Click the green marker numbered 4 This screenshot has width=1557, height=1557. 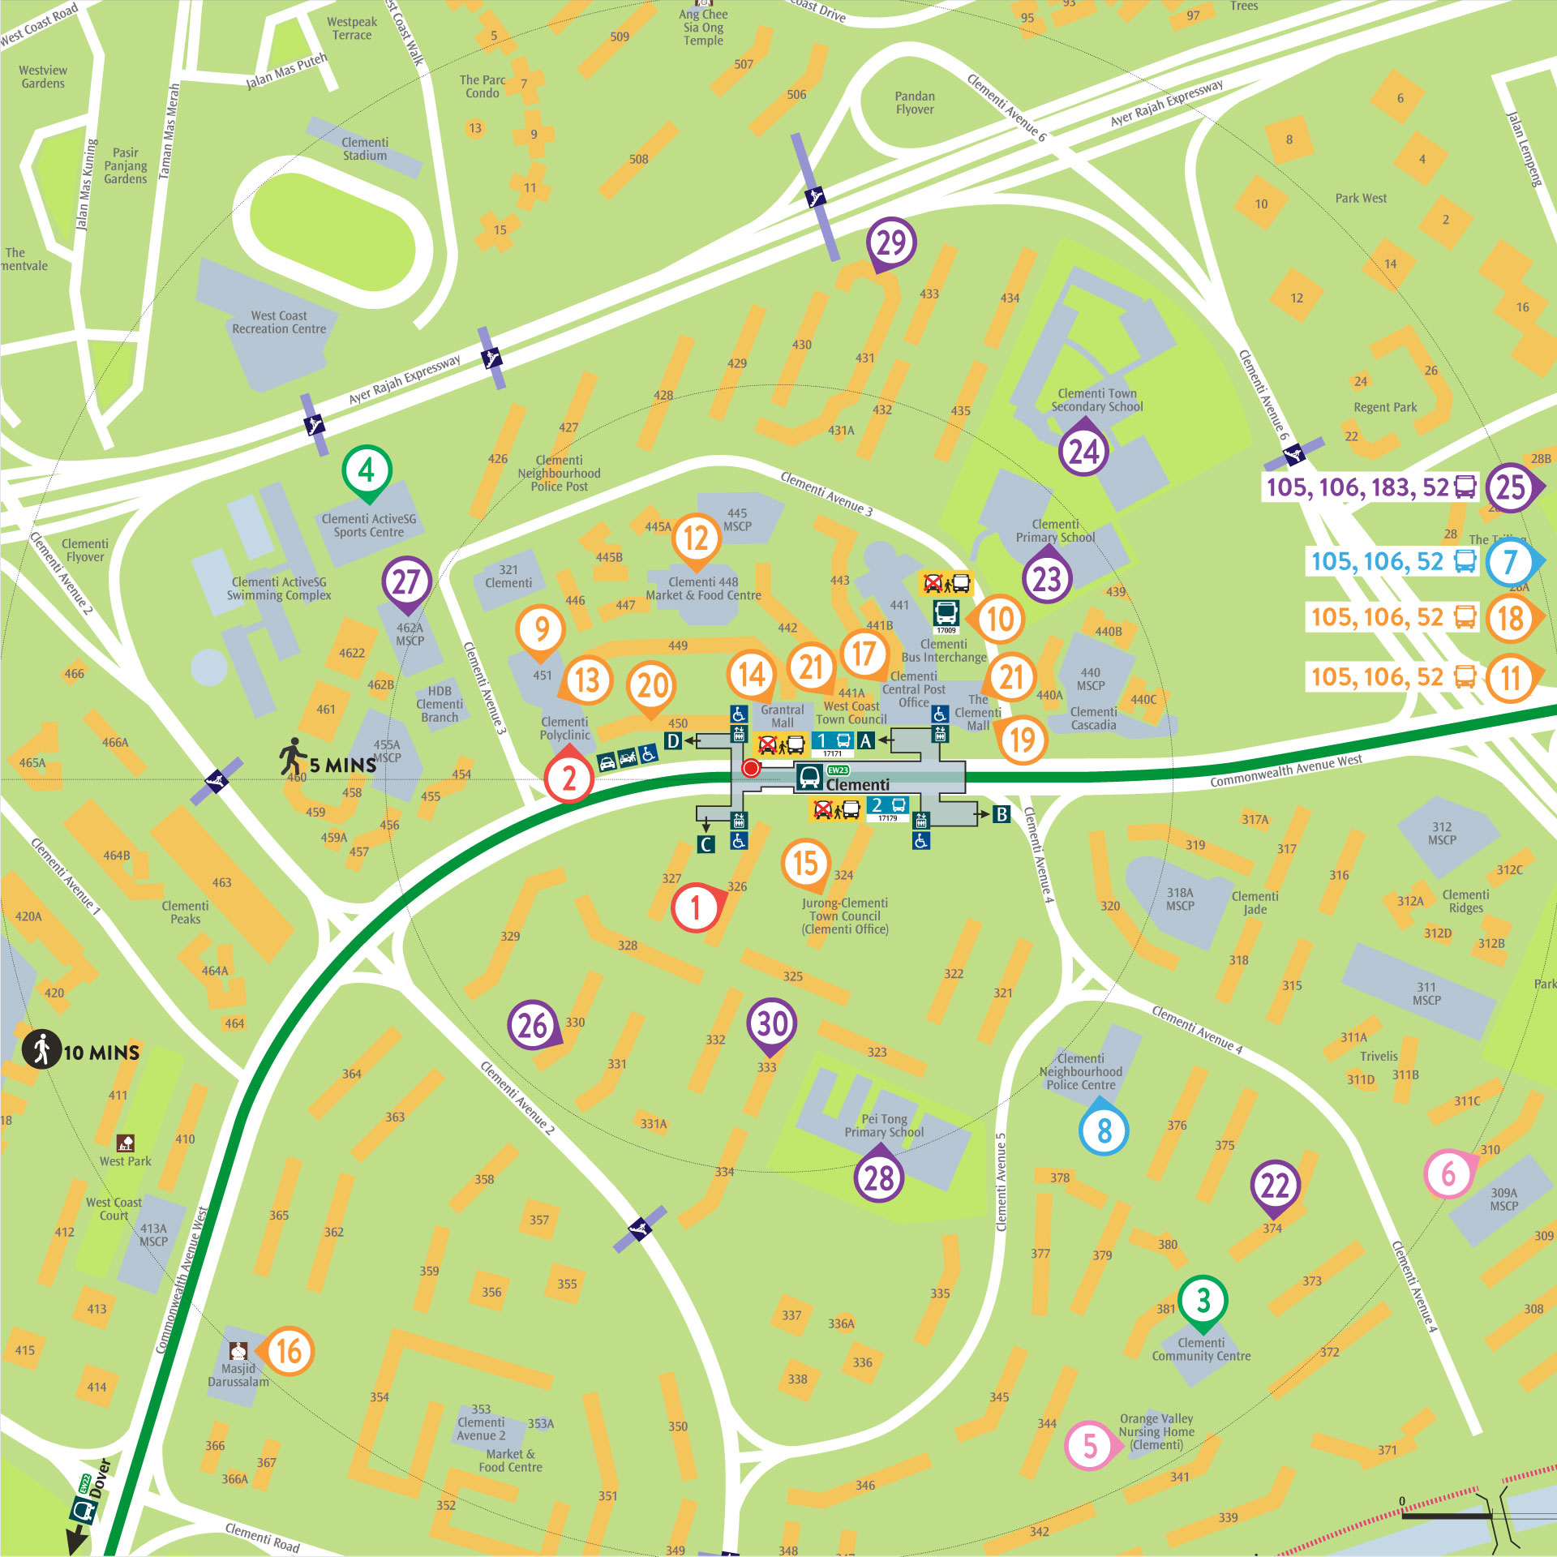367,471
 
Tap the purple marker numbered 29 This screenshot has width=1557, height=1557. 891,243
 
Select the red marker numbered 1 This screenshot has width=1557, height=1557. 695,907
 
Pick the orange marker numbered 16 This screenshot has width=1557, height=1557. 289,1351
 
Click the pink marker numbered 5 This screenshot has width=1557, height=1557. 1090,1445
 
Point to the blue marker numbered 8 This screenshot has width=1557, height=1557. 1104,1130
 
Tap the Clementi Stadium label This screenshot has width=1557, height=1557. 365,149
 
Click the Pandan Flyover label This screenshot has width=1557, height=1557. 915,103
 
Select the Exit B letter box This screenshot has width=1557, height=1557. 1002,814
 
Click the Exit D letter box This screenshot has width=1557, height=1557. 673,740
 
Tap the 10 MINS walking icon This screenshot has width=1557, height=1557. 41,1049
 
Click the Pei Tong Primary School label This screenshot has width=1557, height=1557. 884,1126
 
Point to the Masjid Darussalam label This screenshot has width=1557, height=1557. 238,1375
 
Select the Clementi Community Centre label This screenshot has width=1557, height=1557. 1201,1349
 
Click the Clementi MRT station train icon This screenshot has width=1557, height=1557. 809,777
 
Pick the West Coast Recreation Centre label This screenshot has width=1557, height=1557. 279,323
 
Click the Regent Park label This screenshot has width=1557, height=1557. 1385,407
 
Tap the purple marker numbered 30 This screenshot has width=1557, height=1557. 771,1024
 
